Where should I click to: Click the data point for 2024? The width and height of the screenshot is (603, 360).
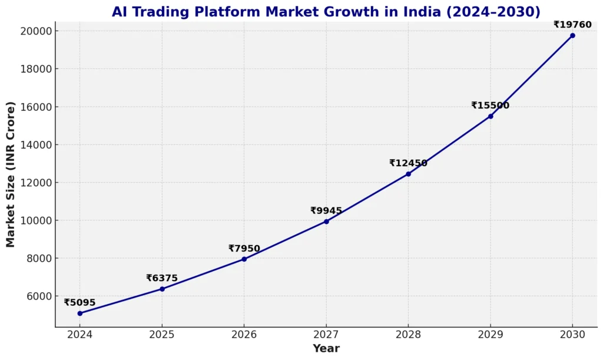point(79,313)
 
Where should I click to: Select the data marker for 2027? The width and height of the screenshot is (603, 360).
point(326,222)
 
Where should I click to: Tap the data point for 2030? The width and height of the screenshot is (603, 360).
point(572,35)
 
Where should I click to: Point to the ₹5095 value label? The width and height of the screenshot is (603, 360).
point(79,303)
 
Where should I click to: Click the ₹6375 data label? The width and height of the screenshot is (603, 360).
point(162,278)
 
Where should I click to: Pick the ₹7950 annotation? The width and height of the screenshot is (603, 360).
point(244,249)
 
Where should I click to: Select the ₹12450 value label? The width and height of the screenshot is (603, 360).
point(408,163)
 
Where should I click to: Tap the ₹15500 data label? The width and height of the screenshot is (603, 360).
point(490,105)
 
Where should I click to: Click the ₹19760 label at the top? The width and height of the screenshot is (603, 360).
point(572,25)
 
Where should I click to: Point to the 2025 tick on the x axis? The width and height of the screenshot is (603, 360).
point(162,335)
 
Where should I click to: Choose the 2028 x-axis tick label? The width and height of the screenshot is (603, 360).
point(408,335)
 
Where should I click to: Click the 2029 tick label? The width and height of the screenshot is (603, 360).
point(491,335)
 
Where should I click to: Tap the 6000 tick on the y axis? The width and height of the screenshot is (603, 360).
point(38,296)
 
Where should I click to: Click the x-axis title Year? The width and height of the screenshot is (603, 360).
point(326,348)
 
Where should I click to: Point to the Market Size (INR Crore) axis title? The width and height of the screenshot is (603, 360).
point(11,174)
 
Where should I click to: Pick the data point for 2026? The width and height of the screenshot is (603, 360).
point(244,259)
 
